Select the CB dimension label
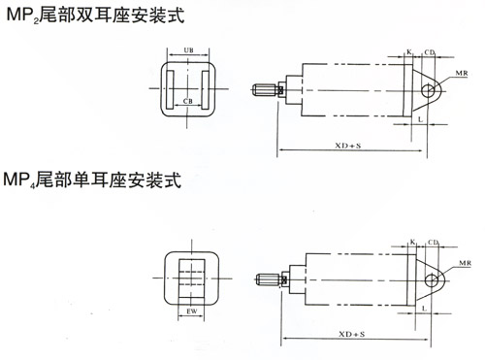click(x=186, y=99)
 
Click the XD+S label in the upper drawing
click(x=344, y=145)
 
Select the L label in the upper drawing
click(x=419, y=116)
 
